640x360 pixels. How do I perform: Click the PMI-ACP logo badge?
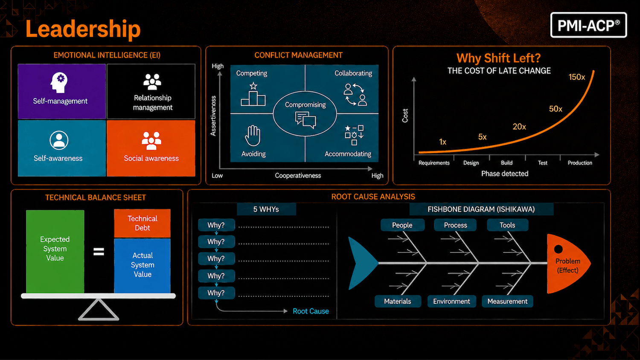[x=588, y=25]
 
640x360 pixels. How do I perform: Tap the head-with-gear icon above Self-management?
[x=59, y=82]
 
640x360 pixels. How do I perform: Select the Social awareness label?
[x=151, y=158]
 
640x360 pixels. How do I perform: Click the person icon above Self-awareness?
[x=59, y=140]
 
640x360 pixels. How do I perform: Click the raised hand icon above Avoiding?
[x=253, y=136]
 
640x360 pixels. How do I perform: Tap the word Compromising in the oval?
[x=305, y=105]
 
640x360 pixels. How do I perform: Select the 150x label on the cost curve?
[x=576, y=77]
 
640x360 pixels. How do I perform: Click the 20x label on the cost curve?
[x=519, y=127]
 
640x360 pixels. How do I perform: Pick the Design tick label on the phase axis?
[x=471, y=163]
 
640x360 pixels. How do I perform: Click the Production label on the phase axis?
[x=580, y=163]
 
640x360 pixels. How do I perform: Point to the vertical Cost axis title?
[x=405, y=116]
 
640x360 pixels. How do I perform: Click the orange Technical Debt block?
[x=142, y=223]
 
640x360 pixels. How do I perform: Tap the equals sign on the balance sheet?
[x=99, y=252]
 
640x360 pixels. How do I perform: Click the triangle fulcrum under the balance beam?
[x=99, y=310]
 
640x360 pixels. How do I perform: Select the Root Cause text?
[x=311, y=311]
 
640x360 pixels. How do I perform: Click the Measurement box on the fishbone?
[x=507, y=302]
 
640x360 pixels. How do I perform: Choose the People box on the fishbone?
[x=402, y=225]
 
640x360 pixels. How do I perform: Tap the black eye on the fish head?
[x=558, y=249]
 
